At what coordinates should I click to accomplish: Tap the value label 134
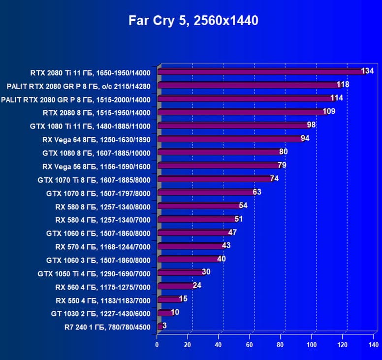click(367, 71)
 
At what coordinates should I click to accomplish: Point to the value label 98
click(311, 125)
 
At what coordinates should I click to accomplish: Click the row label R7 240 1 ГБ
click(107, 326)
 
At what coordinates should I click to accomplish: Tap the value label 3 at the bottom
click(164, 325)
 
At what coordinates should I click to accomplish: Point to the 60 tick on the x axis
click(250, 345)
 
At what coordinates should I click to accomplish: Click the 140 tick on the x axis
click(373, 345)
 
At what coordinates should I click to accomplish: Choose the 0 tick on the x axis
click(157, 345)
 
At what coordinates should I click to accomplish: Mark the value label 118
click(343, 84)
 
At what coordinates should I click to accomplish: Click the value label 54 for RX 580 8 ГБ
click(243, 205)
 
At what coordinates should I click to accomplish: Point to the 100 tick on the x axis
click(312, 345)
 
